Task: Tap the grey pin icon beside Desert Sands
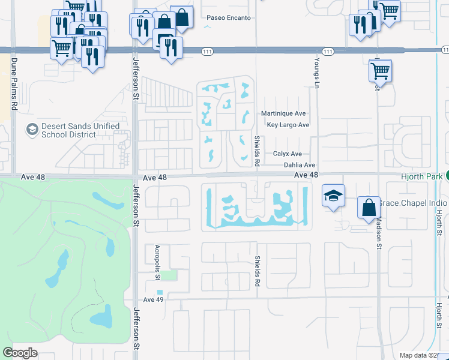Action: pyautogui.click(x=32, y=130)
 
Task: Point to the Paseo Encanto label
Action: pyautogui.click(x=228, y=18)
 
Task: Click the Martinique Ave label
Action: pyautogui.click(x=283, y=113)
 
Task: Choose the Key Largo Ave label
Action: pyautogui.click(x=288, y=125)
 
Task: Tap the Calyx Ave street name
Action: pyautogui.click(x=288, y=154)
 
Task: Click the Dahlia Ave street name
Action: pyautogui.click(x=300, y=165)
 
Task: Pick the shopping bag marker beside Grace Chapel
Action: pyautogui.click(x=369, y=208)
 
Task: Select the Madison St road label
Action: pyautogui.click(x=379, y=232)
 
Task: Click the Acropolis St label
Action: pyautogui.click(x=157, y=263)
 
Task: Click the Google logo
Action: pyautogui.click(x=20, y=353)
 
